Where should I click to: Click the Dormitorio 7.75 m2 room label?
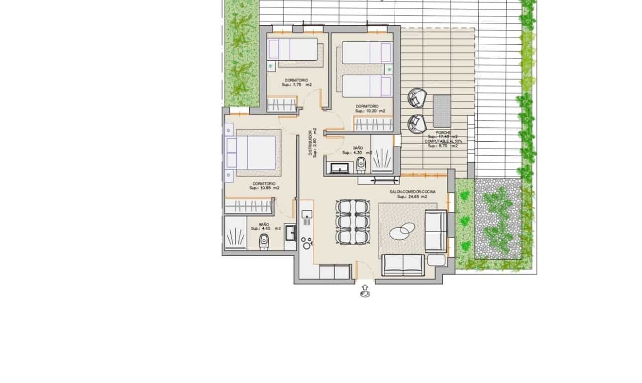click(296, 82)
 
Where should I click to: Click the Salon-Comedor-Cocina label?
click(413, 194)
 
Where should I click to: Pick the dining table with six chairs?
click(353, 221)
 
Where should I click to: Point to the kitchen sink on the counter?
click(307, 214)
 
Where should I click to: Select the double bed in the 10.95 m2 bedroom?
click(253, 152)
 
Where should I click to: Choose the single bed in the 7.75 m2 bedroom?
click(295, 50)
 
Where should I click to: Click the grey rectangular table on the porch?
click(442, 111)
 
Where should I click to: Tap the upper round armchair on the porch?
click(416, 97)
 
